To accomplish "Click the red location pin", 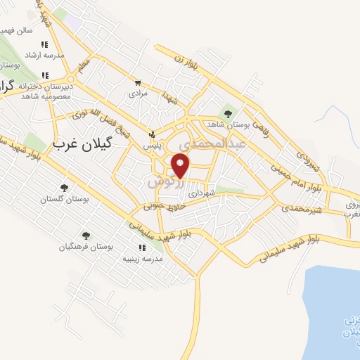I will [181, 167].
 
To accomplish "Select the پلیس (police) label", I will [152, 145].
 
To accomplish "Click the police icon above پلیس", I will [152, 134].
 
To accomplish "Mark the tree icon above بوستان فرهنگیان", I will [86, 236].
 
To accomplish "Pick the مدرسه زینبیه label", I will [142, 258].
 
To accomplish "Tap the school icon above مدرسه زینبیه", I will [142, 247].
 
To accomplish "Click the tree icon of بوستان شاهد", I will [227, 112].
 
